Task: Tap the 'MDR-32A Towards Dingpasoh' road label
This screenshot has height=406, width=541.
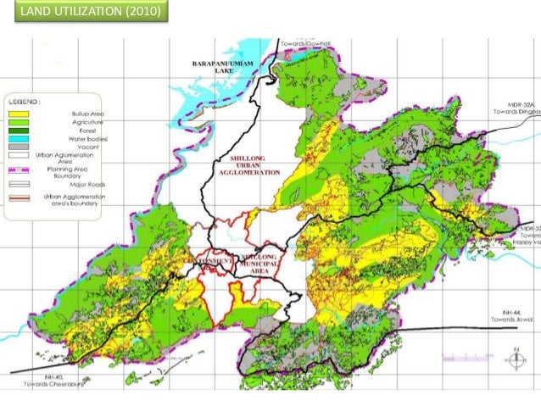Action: [x=517, y=111]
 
